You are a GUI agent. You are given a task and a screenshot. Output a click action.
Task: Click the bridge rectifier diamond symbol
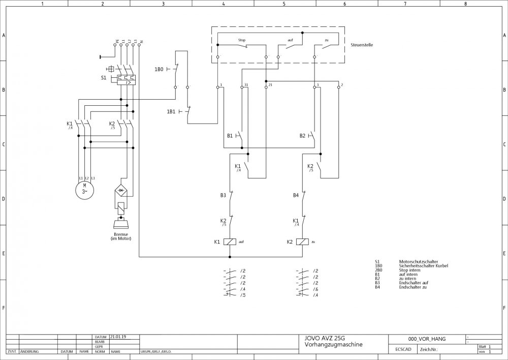pyautogui.click(x=121, y=190)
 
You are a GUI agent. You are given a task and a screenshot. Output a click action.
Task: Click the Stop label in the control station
pyautogui.click(x=242, y=40)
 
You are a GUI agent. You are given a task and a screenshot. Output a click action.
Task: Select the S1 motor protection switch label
pyautogui.click(x=104, y=78)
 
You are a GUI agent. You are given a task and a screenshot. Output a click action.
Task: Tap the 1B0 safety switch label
pyautogui.click(x=159, y=68)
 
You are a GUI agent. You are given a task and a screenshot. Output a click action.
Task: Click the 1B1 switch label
pyautogui.click(x=171, y=111)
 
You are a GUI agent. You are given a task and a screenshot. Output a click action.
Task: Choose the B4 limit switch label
pyautogui.click(x=296, y=195)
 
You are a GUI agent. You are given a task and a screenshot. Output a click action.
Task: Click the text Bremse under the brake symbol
pyautogui.click(x=121, y=234)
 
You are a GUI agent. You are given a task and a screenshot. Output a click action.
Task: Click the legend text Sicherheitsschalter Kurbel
pyautogui.click(x=423, y=266)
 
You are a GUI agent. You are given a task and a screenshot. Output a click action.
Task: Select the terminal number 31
pyautogui.click(x=246, y=85)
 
